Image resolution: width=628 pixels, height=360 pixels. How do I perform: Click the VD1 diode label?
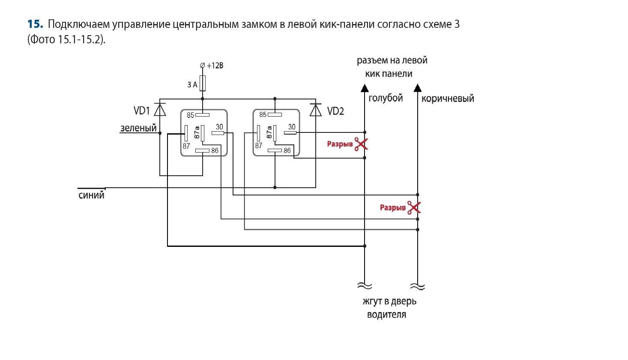click(x=141, y=111)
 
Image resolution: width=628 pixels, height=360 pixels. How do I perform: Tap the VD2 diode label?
click(x=335, y=111)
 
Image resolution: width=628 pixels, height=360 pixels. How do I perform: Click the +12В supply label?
click(x=215, y=66)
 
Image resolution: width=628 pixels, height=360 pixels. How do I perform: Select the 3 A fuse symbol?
click(x=203, y=84)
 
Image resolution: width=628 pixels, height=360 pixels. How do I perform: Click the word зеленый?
click(x=138, y=128)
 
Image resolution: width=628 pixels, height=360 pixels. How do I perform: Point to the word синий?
click(x=92, y=195)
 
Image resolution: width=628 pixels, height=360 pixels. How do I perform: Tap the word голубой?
click(x=386, y=98)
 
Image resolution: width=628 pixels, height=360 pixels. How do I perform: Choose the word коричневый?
click(x=448, y=99)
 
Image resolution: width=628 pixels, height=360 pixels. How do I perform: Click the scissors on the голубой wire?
click(x=362, y=144)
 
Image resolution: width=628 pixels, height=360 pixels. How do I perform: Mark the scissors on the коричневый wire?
click(x=414, y=207)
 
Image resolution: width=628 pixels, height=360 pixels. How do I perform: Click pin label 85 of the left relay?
click(x=191, y=115)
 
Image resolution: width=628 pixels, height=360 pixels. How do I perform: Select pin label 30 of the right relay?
click(x=292, y=127)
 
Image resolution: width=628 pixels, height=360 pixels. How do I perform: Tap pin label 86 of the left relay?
click(x=215, y=150)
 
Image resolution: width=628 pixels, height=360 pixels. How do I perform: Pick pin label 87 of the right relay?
click(x=258, y=146)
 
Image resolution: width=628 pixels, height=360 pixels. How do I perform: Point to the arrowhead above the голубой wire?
click(x=365, y=88)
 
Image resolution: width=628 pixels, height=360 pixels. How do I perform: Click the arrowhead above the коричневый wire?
click(x=418, y=88)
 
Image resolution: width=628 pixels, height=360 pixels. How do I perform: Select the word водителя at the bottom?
click(x=386, y=315)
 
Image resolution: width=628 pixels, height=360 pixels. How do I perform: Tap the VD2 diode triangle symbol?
click(x=316, y=110)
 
